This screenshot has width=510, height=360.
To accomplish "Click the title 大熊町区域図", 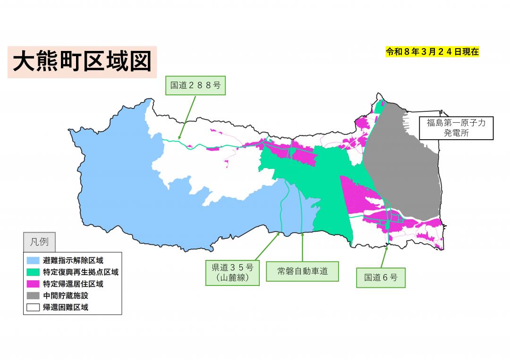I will (x=82, y=62).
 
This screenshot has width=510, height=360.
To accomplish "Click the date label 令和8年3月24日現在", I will (x=432, y=52).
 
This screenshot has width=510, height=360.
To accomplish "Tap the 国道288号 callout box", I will (x=195, y=85).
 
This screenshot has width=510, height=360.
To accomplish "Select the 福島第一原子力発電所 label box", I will (x=456, y=128).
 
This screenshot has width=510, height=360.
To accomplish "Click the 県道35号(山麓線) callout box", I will (x=232, y=272).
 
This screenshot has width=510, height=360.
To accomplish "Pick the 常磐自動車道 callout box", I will (x=302, y=271).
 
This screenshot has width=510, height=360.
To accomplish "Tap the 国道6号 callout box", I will (x=381, y=277).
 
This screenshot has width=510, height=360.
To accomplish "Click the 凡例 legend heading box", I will (x=39, y=242).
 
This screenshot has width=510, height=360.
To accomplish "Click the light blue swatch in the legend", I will (x=33, y=260).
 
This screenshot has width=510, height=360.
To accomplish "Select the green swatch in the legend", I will (x=33, y=272).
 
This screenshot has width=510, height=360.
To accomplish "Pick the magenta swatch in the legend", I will (x=33, y=284).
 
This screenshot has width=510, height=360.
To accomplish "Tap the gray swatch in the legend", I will (x=33, y=296).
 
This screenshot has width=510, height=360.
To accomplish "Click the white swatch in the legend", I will (x=33, y=308).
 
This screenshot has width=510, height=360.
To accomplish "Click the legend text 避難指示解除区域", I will (x=73, y=260).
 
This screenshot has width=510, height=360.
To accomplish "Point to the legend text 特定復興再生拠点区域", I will (x=80, y=272).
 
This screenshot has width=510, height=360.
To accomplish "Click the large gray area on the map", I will (x=401, y=165).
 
